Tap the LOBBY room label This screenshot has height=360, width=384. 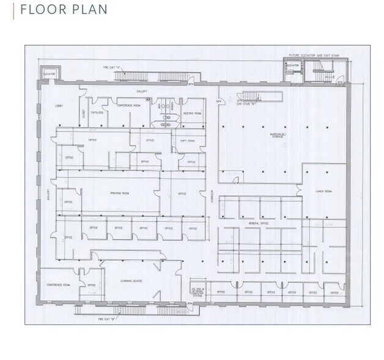pos(59,106)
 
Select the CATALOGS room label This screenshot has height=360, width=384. pos(97,113)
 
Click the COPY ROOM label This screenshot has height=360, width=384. pos(187,141)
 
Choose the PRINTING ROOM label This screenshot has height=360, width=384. pos(119,193)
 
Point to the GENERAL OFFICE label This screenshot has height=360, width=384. pos(259,224)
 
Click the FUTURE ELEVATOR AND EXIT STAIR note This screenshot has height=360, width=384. pos(313,56)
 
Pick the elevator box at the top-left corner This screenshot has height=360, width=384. pos(50,74)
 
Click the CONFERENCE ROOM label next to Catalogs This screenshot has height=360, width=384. pos(129,105)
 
